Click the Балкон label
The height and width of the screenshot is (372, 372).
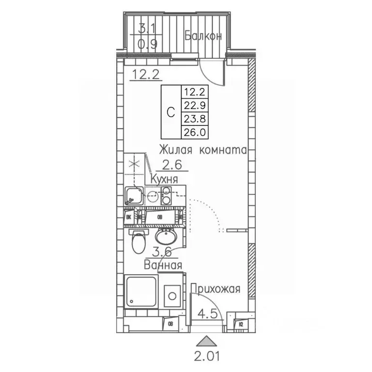[203, 35]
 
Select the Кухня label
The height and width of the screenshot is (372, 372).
[165, 179]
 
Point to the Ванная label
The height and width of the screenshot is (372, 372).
[163, 265]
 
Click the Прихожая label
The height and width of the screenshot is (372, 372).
[216, 290]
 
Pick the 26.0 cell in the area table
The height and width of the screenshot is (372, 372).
[194, 131]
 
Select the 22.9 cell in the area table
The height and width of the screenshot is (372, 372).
[194, 104]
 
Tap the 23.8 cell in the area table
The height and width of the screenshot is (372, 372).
[194, 118]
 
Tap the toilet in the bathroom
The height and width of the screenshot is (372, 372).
[139, 241]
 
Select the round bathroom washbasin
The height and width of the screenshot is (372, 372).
[167, 237]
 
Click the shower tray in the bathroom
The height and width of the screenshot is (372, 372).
[141, 292]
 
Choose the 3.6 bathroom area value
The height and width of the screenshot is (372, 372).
[163, 252]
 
